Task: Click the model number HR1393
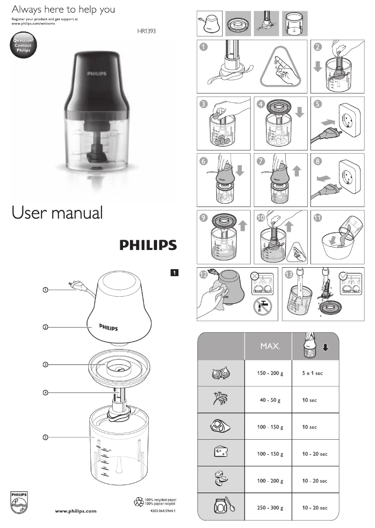(146, 32)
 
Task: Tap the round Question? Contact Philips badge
(22, 46)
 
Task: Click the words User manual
(57, 213)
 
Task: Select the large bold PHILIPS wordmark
(148, 245)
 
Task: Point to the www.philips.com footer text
(76, 511)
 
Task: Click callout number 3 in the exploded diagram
(45, 364)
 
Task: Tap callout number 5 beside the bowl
(45, 437)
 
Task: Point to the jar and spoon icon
(222, 507)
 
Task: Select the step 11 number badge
(318, 218)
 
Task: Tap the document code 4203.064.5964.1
(166, 511)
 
